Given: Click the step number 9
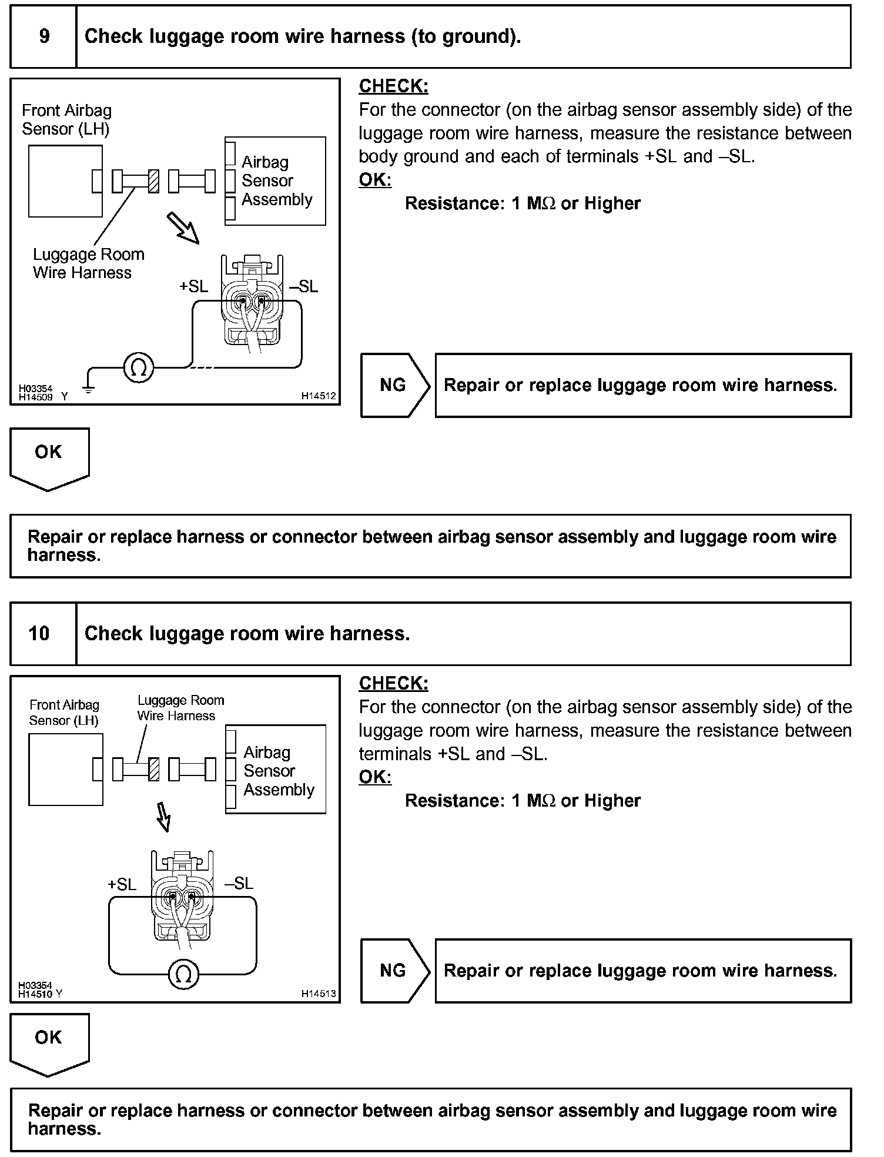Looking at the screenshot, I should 44,36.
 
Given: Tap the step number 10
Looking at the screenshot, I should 39,633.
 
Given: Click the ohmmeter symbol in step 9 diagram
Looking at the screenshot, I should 139,368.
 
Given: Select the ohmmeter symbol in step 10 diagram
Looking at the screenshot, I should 183,975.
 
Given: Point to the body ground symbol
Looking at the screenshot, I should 88,388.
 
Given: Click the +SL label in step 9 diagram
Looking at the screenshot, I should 194,286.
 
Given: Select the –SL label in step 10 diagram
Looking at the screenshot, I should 239,883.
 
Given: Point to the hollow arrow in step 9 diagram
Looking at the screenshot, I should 183,228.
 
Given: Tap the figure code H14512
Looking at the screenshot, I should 319,396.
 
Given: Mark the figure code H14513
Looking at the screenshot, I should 319,994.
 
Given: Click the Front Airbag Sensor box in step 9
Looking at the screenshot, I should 65,181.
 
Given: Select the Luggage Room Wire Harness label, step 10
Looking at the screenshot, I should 180,708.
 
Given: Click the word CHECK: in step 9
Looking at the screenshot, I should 393,86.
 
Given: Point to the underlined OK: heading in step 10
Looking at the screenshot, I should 375,777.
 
